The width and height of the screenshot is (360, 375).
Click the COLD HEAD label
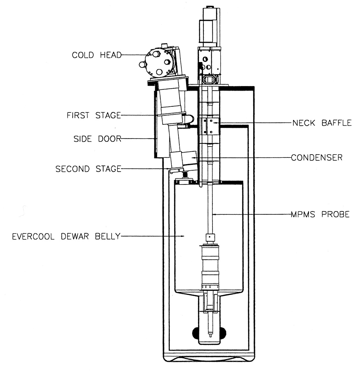[x=96, y=55]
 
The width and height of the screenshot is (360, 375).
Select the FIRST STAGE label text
[x=94, y=115]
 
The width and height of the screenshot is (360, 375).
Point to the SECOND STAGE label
[x=88, y=169]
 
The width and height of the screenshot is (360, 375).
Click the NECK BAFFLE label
[x=322, y=123]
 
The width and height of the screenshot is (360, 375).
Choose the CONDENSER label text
[x=317, y=157]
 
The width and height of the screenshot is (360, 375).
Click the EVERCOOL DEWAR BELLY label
[x=66, y=237]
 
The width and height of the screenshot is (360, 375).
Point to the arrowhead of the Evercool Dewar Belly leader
[x=183, y=237]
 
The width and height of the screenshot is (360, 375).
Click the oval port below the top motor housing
[x=209, y=79]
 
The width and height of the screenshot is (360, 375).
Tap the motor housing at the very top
[x=211, y=27]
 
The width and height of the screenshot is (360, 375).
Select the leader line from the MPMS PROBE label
[x=251, y=214]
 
